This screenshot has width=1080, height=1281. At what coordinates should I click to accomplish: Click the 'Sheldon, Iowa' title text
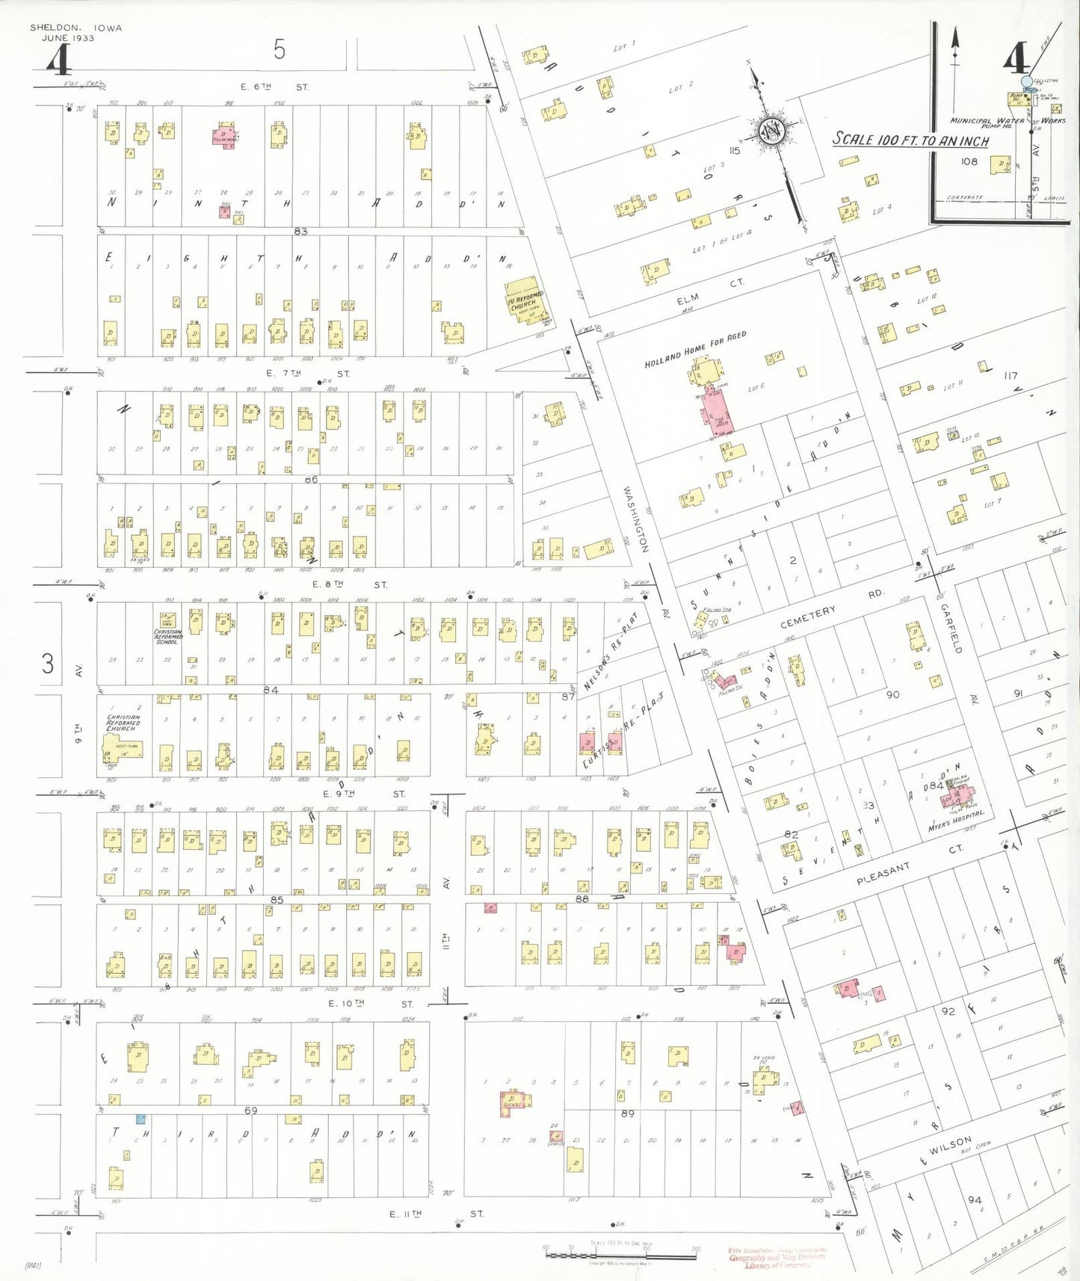[x=75, y=28]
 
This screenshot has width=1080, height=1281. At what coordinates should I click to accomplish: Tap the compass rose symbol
[x=770, y=132]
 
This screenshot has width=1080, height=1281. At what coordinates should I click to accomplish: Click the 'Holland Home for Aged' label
[x=695, y=350]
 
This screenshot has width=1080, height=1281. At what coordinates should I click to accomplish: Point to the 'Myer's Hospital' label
[x=956, y=821]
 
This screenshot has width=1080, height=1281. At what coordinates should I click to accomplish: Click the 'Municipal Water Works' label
[x=1006, y=120]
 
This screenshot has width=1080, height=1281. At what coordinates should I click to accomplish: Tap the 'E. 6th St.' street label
[x=274, y=87]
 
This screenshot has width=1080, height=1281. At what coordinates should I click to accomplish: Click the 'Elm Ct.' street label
[x=710, y=291]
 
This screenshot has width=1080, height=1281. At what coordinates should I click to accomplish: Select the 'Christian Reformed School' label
[x=167, y=637]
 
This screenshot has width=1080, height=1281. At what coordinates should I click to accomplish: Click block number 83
[x=300, y=232]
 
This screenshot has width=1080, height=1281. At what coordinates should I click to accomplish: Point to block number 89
[x=627, y=1114]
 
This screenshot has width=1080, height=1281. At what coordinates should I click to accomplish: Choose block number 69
[x=250, y=1111]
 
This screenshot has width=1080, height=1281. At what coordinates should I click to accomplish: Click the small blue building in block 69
[x=140, y=1119]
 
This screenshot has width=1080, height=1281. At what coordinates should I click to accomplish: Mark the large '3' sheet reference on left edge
[x=48, y=663]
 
